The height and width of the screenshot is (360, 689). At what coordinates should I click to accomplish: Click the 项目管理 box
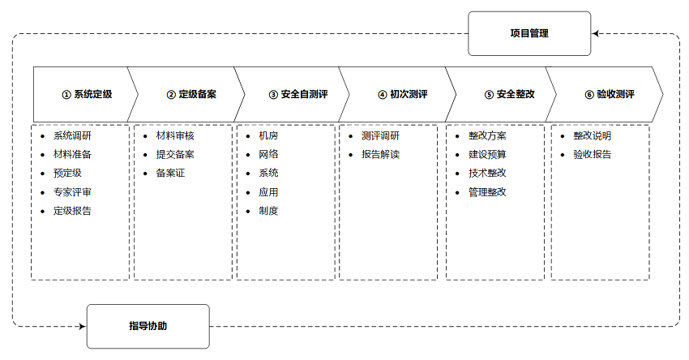coord(529,33)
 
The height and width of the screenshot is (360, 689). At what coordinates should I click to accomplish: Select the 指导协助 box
coord(148,326)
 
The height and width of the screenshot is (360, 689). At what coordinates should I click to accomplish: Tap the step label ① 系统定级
coord(87,94)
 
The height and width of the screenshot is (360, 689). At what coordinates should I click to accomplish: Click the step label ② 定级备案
coord(191,94)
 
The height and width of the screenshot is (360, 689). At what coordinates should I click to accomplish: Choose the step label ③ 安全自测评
coord(298,94)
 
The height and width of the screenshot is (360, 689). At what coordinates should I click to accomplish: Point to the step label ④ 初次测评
coord(403,94)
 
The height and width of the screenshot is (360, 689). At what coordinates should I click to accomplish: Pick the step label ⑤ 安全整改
coord(510,94)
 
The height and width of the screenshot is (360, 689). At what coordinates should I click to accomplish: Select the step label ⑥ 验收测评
coord(610,94)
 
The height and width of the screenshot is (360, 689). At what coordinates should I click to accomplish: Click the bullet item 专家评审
coord(72,192)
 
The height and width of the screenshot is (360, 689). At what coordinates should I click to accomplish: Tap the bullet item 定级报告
coord(72,211)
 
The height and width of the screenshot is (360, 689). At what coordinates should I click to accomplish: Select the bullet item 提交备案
coord(175,154)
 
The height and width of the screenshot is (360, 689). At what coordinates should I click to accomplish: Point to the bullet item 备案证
coord(170,174)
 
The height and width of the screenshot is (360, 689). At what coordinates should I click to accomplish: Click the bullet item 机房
coord(268,136)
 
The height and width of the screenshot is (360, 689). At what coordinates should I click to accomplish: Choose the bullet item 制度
coord(268,211)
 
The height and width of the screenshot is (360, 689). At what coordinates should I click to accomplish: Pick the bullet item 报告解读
coord(380,154)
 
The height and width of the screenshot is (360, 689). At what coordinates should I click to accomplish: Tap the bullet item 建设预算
coord(487,154)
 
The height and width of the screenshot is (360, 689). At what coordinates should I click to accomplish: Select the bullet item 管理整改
coord(487,192)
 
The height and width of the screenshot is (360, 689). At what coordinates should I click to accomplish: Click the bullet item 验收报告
coord(592,154)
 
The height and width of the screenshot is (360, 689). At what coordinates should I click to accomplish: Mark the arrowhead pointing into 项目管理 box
coord(595,33)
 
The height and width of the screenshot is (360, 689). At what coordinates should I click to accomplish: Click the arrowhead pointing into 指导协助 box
coord(83,326)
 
